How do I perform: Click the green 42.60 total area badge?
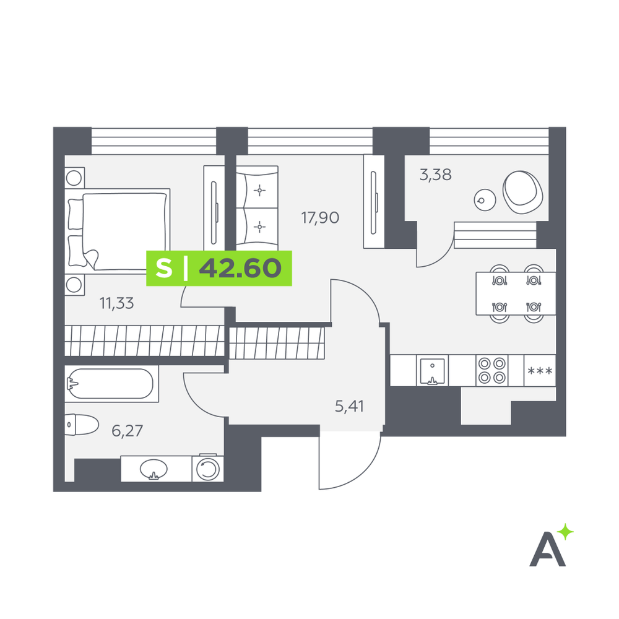pyautogui.click(x=219, y=268)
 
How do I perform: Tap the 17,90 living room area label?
pyautogui.click(x=320, y=217)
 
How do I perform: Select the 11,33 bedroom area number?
pyautogui.click(x=116, y=303)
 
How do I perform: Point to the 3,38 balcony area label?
pyautogui.click(x=435, y=175)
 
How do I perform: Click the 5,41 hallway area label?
pyautogui.click(x=349, y=406)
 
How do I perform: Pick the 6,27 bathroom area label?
pyautogui.click(x=127, y=431)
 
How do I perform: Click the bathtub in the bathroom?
pyautogui.click(x=111, y=384)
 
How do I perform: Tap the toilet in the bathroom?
pyautogui.click(x=81, y=425)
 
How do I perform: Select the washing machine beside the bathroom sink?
pyautogui.click(x=208, y=469)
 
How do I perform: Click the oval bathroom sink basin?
pyautogui.click(x=154, y=469)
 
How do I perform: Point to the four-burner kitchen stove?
pyautogui.click(x=492, y=370)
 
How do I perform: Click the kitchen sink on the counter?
pyautogui.click(x=432, y=371)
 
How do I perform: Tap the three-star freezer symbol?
pyautogui.click(x=540, y=371)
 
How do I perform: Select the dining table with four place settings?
pyautogui.click(x=516, y=293)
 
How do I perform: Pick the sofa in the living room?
pyautogui.click(x=257, y=208)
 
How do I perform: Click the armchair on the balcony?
pyautogui.click(x=522, y=192)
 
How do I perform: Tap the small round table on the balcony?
pyautogui.click(x=485, y=200)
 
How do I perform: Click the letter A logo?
pyautogui.click(x=548, y=549)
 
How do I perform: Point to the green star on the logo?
pyautogui.click(x=566, y=532)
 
